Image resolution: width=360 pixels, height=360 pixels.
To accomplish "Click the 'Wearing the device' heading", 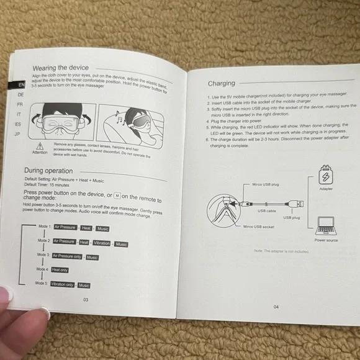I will click(61, 68).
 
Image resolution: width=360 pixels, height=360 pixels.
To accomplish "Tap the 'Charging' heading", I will click(222, 83).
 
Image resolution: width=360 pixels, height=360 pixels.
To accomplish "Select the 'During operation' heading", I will click(48, 171).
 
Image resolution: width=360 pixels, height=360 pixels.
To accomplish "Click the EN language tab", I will click(20, 84).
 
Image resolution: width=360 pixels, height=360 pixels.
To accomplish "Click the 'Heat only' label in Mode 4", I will click(61, 270).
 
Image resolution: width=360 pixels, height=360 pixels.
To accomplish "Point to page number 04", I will click(276, 307).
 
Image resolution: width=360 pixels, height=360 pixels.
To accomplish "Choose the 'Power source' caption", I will click(326, 240).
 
